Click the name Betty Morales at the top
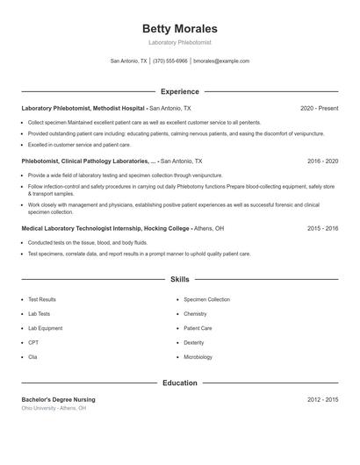pyautogui.click(x=179, y=29)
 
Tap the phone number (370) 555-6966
pyautogui.click(x=170, y=61)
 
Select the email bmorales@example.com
pyautogui.click(x=221, y=61)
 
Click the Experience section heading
pyautogui.click(x=179, y=91)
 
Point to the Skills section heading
pyautogui.click(x=179, y=280)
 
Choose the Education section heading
pyautogui.click(x=179, y=383)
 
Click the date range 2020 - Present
pyautogui.click(x=319, y=108)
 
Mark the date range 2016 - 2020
pyautogui.click(x=322, y=161)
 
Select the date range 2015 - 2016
pyautogui.click(x=322, y=228)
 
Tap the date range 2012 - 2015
pyautogui.click(x=322, y=400)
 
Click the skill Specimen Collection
pyautogui.click(x=207, y=299)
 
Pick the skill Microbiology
pyautogui.click(x=198, y=357)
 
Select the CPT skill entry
pyautogui.click(x=33, y=342)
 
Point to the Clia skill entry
pyautogui.click(x=33, y=357)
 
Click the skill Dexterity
pyautogui.click(x=194, y=342)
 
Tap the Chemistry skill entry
pyautogui.click(x=195, y=313)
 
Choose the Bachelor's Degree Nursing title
pyautogui.click(x=58, y=400)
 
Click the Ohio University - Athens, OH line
pyautogui.click(x=54, y=409)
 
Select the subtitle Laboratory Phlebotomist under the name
pyautogui.click(x=179, y=42)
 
